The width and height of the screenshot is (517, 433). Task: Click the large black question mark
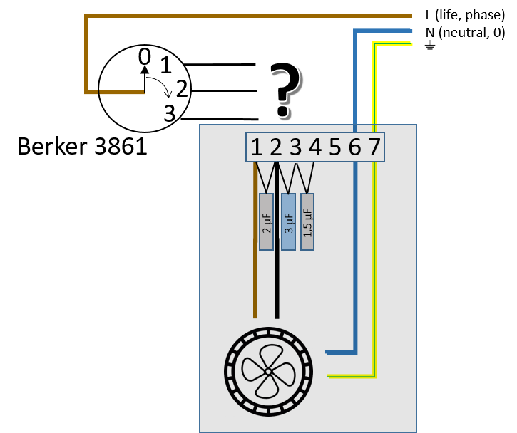click(x=285, y=90)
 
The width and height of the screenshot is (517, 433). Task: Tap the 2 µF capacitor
click(x=267, y=222)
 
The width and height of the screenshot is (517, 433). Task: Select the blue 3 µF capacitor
click(x=288, y=222)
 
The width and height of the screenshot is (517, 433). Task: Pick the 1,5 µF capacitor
click(x=307, y=222)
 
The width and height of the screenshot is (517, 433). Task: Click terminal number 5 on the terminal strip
click(x=335, y=147)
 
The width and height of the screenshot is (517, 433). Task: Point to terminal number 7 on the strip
click(x=374, y=147)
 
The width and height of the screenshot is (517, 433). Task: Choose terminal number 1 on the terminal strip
click(x=257, y=147)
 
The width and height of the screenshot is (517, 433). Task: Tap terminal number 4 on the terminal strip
click(x=315, y=147)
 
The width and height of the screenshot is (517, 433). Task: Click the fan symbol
click(x=268, y=372)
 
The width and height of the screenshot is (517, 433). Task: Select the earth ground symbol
click(x=429, y=45)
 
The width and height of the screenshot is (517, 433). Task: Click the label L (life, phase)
click(x=465, y=15)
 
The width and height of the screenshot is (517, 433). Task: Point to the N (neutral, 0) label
click(x=465, y=33)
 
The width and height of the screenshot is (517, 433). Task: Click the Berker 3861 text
click(x=82, y=146)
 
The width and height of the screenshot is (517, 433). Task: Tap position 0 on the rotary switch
click(x=145, y=57)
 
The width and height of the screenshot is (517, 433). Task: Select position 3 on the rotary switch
click(x=170, y=113)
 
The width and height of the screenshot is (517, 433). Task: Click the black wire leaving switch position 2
click(x=224, y=90)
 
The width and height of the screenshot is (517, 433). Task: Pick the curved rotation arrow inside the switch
click(x=160, y=85)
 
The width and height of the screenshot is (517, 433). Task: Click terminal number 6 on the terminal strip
click(x=355, y=147)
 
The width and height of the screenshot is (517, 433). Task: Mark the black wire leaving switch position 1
click(x=220, y=65)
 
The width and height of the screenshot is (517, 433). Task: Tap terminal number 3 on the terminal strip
click(x=295, y=147)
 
